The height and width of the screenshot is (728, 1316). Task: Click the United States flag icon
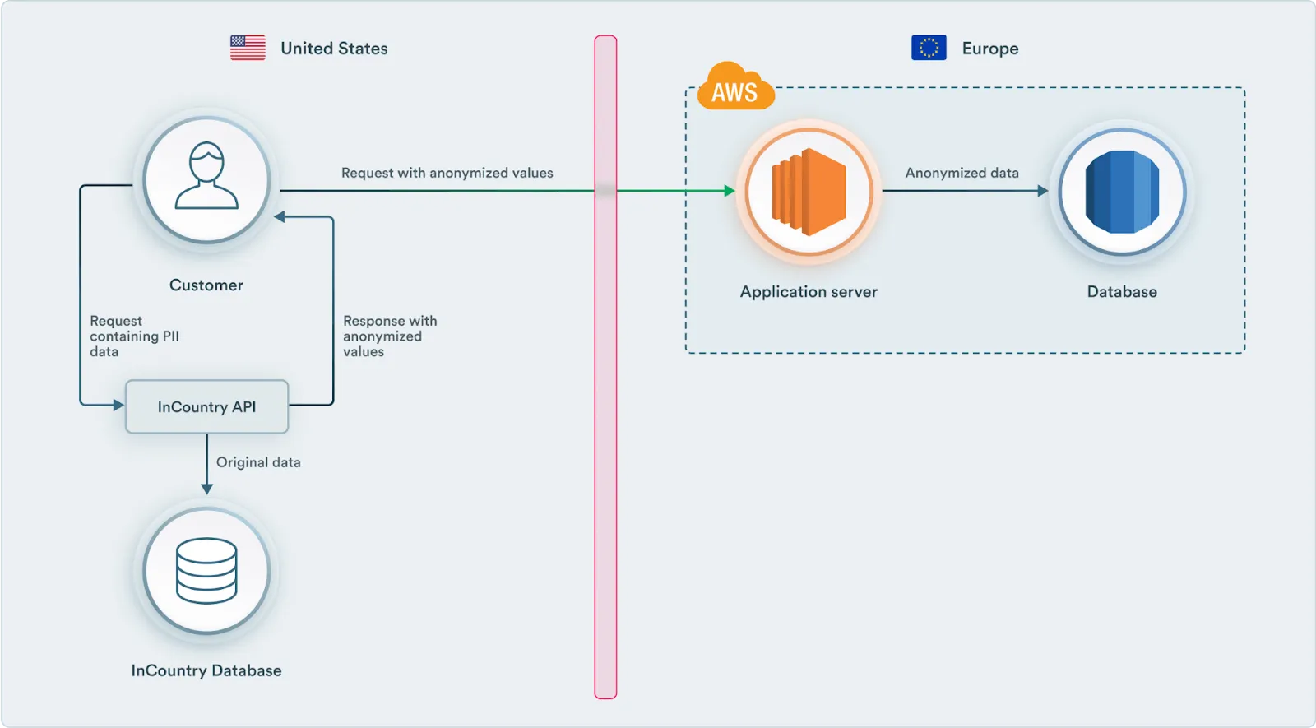248,48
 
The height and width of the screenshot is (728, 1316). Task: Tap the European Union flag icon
929,48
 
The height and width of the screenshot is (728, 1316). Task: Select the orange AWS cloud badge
734,88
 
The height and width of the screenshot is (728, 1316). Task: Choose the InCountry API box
206,406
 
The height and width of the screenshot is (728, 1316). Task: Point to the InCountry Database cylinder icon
206,570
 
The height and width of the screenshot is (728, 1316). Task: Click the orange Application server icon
809,191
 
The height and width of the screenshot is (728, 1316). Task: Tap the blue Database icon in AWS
1122,191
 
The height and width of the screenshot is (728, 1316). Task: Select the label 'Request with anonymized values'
447,173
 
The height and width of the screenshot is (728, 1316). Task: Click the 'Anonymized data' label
962,173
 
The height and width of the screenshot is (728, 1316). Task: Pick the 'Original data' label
258,462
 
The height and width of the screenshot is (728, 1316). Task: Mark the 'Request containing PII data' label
134,336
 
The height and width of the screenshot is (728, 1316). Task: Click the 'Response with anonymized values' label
389,336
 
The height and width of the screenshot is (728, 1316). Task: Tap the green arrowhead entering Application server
730,191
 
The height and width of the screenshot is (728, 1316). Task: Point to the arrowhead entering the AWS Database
1043,191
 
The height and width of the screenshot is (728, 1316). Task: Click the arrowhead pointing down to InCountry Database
206,489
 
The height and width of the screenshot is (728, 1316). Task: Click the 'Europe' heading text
990,49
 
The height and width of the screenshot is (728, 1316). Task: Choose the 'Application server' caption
809,291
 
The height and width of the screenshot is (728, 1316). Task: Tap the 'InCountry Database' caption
206,670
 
